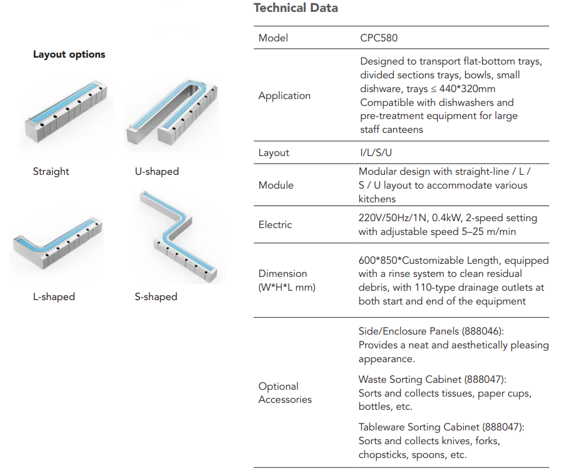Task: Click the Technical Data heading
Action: (x=296, y=8)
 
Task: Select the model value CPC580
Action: (x=379, y=38)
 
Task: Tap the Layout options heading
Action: (x=69, y=55)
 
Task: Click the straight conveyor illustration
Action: (x=66, y=111)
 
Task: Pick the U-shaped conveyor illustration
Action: (x=172, y=113)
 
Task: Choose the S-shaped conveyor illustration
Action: (x=179, y=234)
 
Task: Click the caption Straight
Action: (x=51, y=172)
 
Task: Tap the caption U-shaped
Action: (x=157, y=172)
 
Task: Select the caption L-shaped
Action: (x=54, y=297)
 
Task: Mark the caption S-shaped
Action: (x=156, y=297)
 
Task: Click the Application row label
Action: (x=284, y=96)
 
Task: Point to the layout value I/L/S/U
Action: (x=376, y=153)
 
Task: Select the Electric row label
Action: (x=275, y=225)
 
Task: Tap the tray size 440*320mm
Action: (x=467, y=89)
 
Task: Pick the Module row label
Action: (x=276, y=185)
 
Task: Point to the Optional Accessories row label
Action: (x=285, y=393)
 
